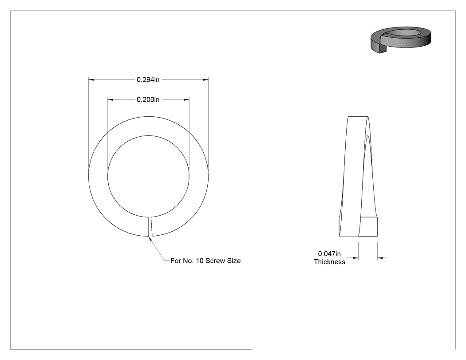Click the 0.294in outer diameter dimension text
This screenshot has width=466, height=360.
(x=148, y=79)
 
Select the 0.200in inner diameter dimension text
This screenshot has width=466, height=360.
(x=148, y=99)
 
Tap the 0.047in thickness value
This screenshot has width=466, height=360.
(x=329, y=254)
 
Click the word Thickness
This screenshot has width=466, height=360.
(x=330, y=262)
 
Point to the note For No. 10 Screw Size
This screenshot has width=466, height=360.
(x=205, y=261)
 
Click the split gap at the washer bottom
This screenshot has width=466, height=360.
(x=150, y=226)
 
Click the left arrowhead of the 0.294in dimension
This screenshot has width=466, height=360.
(x=91, y=79)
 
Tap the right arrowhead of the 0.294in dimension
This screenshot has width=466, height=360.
(x=205, y=79)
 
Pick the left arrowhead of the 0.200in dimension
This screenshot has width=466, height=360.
(x=110, y=99)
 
